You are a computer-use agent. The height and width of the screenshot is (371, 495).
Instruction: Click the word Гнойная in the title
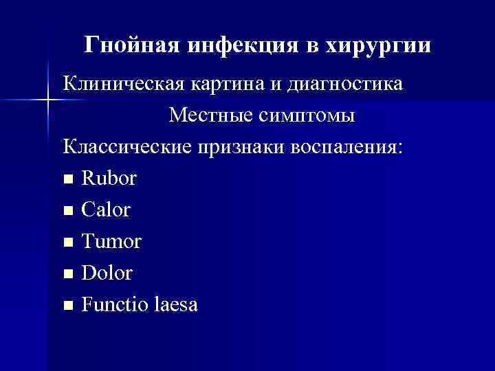tap(130, 45)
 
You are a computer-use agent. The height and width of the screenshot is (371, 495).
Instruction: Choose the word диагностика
tap(350, 85)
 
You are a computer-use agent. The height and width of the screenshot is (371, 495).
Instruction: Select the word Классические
tap(129, 146)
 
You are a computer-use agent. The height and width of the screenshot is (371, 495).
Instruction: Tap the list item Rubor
tap(109, 178)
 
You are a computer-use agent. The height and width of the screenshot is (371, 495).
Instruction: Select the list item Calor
tap(105, 210)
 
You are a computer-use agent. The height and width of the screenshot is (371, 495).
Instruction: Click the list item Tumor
tap(111, 241)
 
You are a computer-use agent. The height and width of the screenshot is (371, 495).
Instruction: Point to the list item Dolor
tap(107, 273)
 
